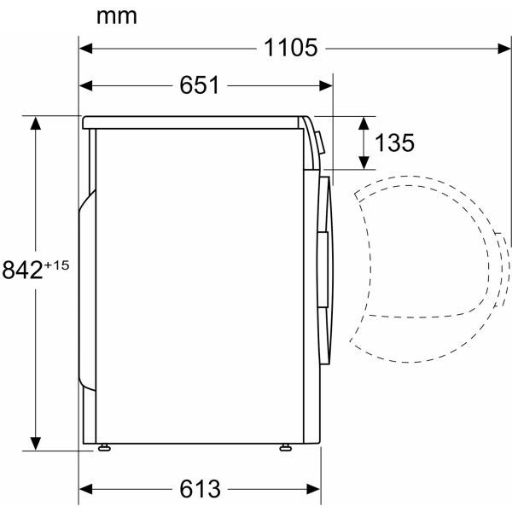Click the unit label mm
[117, 17]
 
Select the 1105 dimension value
[290, 48]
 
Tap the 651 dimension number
[199, 85]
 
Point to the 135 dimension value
[394, 143]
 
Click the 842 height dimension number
[22, 270]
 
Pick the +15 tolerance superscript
[56, 265]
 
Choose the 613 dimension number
[200, 489]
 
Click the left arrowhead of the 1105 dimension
[85, 49]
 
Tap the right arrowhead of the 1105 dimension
[504, 49]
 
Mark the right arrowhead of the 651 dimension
[326, 86]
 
